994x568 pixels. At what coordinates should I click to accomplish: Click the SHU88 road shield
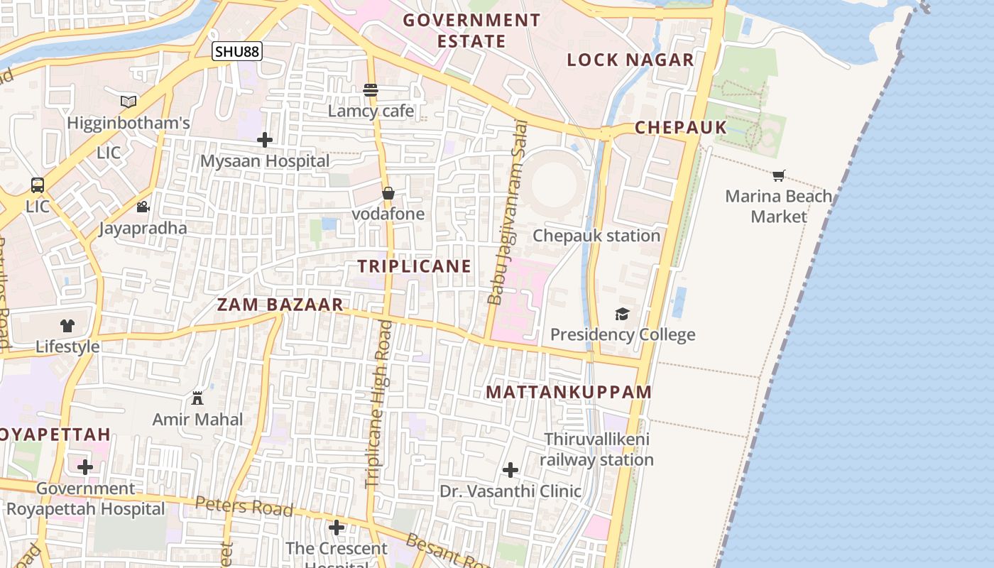(x=237, y=51)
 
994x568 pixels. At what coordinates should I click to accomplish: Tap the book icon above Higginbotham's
(x=129, y=102)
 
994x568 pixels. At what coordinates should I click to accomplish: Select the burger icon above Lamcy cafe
(x=370, y=89)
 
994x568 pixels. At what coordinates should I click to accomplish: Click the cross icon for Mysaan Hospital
(x=265, y=140)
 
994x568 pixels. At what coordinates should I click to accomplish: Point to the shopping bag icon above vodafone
(x=388, y=193)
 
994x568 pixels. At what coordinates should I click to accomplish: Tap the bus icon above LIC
(x=38, y=185)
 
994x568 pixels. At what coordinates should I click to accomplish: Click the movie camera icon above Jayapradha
(x=143, y=207)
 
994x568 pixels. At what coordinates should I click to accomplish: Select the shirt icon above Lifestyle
(x=67, y=326)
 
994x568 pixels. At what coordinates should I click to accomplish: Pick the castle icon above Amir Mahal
(x=197, y=398)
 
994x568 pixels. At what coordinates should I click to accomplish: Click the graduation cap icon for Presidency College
(x=622, y=314)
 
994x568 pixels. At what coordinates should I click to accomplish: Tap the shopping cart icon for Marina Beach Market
(x=779, y=175)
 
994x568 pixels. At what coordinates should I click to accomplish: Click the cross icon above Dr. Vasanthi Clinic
(x=510, y=470)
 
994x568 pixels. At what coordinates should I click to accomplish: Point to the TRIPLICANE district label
(x=414, y=266)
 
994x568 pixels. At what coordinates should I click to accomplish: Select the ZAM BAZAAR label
(x=280, y=305)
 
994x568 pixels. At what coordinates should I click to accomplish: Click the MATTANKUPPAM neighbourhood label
(x=569, y=392)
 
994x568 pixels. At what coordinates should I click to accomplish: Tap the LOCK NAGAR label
(x=630, y=60)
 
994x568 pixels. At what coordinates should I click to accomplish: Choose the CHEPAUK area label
(x=680, y=127)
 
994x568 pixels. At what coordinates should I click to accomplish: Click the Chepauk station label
(x=596, y=236)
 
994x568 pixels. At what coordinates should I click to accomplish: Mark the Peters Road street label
(x=244, y=506)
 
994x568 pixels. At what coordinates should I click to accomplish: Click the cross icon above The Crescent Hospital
(x=337, y=528)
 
